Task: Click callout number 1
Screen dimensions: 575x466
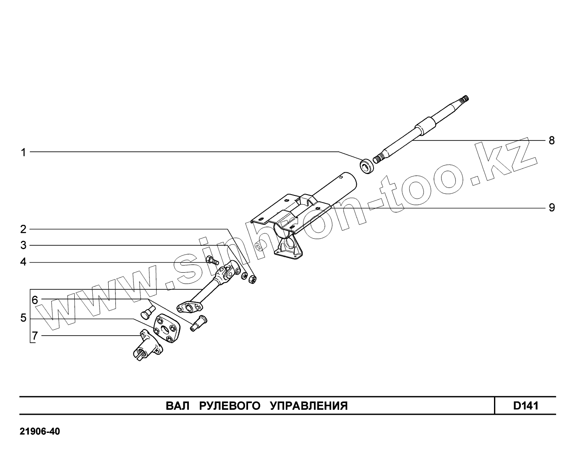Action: tap(24, 152)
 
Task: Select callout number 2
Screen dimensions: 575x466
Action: tap(24, 229)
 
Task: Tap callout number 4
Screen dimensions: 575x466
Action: tap(24, 263)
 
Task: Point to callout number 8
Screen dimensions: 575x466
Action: tap(551, 141)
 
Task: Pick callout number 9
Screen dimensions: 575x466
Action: tap(551, 207)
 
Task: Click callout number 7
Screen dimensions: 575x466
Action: tap(35, 336)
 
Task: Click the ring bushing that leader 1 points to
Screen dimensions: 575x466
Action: tap(367, 166)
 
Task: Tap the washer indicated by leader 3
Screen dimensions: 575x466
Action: tap(243, 276)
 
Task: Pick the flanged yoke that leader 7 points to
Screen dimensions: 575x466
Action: tap(147, 346)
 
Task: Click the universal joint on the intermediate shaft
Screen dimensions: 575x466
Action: tap(227, 273)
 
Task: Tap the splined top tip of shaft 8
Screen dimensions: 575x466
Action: tap(465, 99)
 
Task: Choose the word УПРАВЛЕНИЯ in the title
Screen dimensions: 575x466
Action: tap(308, 406)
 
